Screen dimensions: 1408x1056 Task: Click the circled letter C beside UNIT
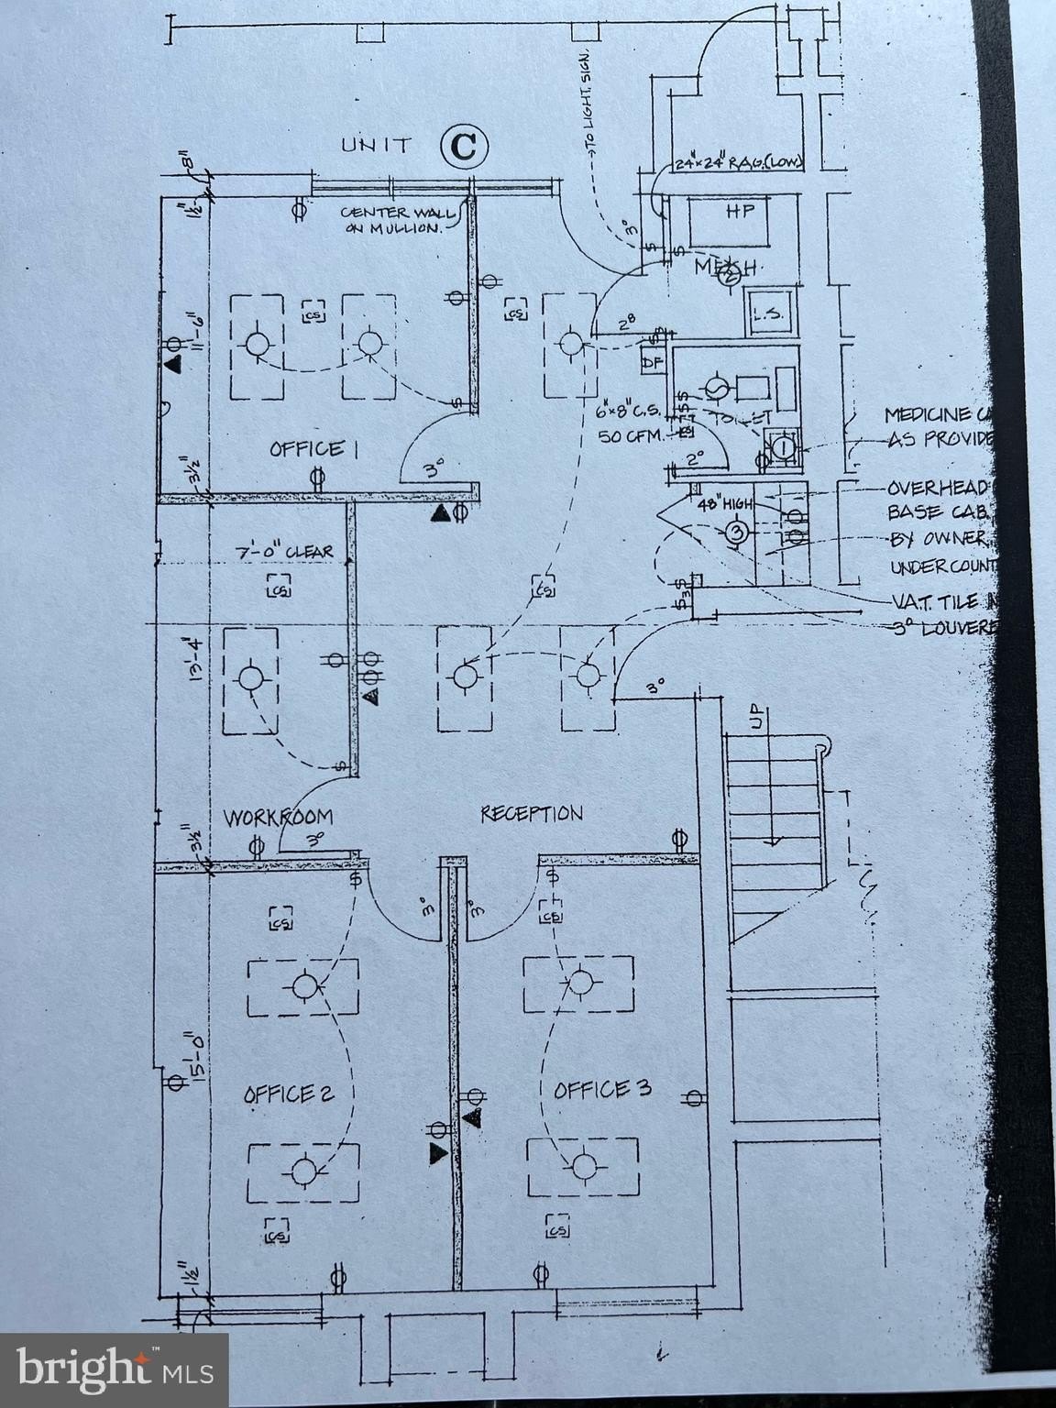click(464, 146)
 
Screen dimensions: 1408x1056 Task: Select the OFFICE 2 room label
click(289, 1094)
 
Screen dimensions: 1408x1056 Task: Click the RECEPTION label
click(532, 813)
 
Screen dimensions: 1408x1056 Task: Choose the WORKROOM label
click(279, 817)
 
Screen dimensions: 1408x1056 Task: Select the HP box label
click(739, 211)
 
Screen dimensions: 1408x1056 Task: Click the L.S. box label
click(766, 313)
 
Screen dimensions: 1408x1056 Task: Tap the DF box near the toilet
click(653, 362)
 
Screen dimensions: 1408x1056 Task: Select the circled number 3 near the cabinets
click(736, 531)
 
